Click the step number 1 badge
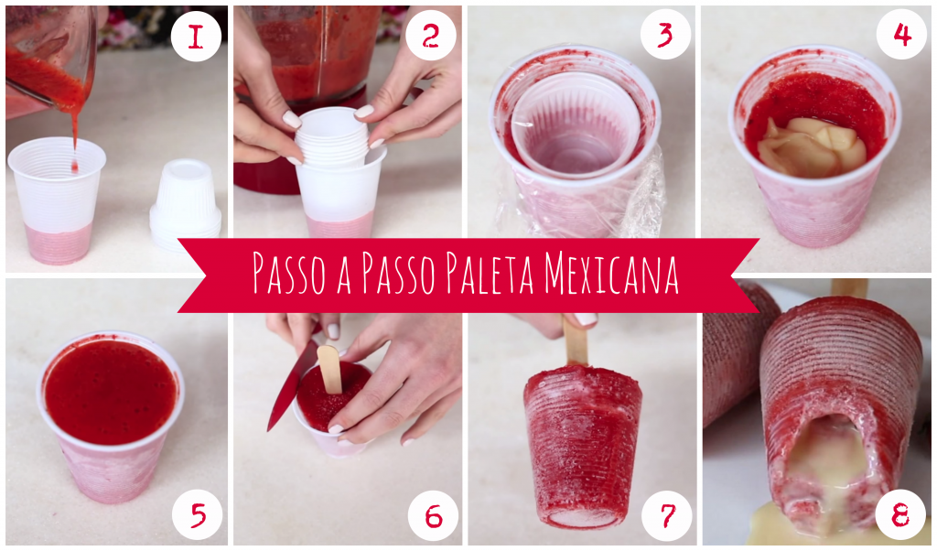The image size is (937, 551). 196,37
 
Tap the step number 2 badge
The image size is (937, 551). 430,37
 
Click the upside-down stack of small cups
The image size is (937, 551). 186,204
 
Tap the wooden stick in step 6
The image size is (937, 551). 329,366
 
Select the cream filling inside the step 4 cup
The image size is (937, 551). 811,146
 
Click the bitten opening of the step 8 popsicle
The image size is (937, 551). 828,458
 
